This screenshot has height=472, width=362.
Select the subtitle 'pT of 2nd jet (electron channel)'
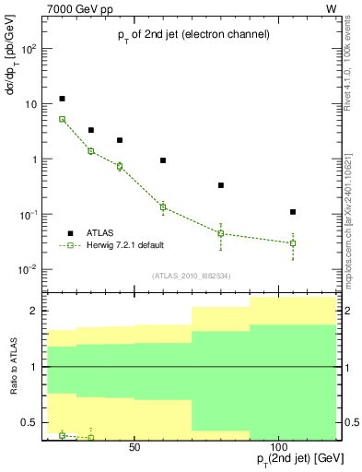click(x=193, y=34)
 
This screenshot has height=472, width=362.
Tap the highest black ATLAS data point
click(x=62, y=99)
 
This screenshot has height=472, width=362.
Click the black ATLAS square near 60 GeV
click(x=163, y=160)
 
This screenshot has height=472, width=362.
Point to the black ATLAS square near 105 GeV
click(x=293, y=212)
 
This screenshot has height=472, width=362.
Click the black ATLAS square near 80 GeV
click(x=221, y=185)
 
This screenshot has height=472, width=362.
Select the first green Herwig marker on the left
click(x=62, y=119)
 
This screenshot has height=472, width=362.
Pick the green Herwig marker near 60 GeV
click(x=163, y=206)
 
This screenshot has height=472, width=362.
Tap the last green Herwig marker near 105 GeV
click(x=293, y=243)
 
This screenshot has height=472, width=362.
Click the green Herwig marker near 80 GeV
click(x=221, y=233)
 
